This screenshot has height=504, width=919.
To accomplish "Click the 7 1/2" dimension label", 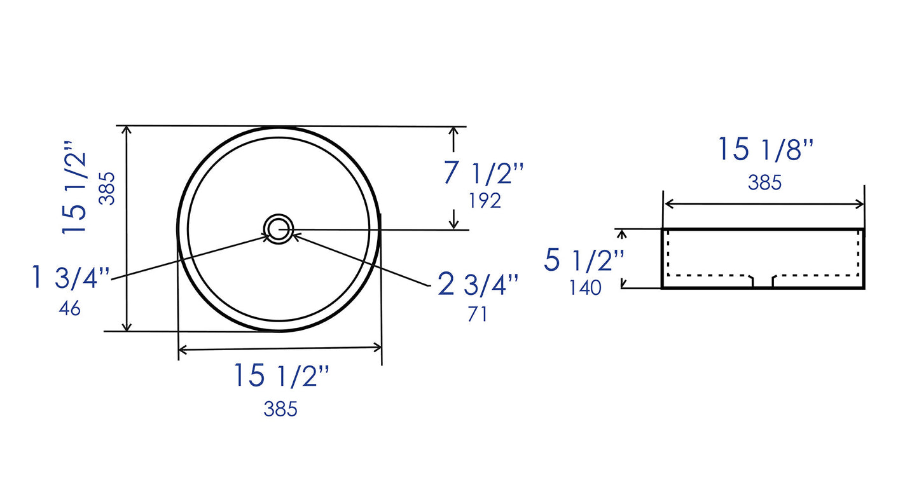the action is (483, 173).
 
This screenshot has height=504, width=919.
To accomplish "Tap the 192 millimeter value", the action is (485, 201).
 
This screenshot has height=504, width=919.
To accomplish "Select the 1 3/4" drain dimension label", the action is (71, 277).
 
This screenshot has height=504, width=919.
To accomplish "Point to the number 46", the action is (69, 308).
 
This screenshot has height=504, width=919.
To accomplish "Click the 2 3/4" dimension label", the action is (478, 283).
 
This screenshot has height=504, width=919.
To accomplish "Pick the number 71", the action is (477, 314).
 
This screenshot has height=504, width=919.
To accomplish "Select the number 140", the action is (585, 287).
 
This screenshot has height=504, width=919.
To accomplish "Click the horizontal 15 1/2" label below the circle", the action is (282, 375).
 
